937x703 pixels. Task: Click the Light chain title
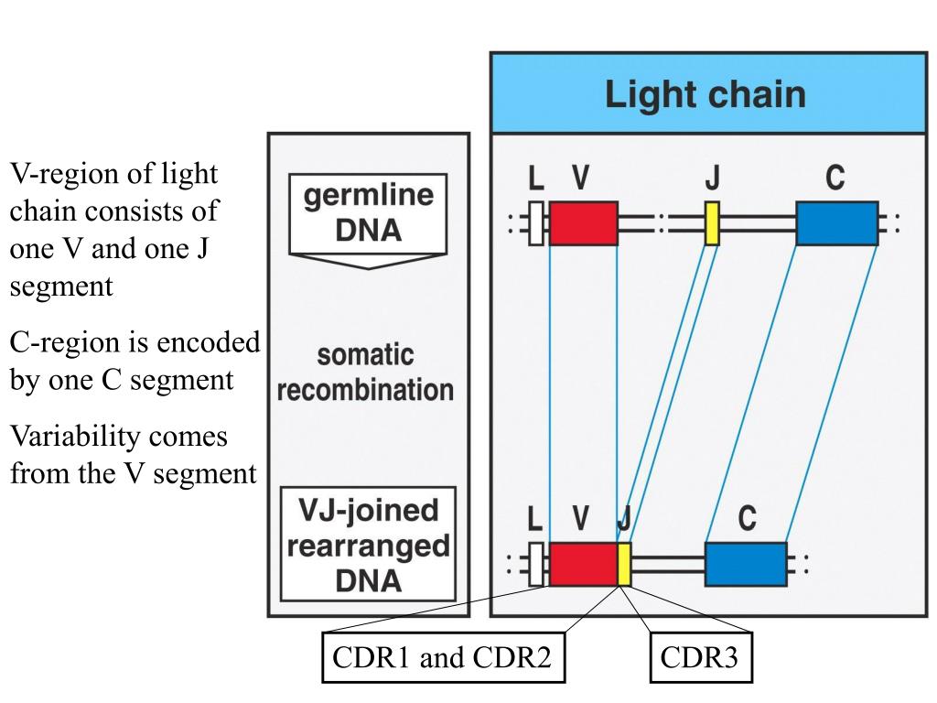click(705, 95)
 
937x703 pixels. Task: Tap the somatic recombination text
click(365, 373)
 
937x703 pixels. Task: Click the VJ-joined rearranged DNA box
click(368, 544)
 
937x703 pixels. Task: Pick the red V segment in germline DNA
click(583, 223)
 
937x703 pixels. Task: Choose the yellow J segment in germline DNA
click(712, 223)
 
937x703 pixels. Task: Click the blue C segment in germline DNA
click(836, 223)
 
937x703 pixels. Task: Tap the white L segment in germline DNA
click(536, 223)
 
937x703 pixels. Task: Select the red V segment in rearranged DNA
click(583, 564)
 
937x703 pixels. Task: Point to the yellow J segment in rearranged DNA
click(624, 564)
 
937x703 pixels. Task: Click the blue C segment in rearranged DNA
click(746, 564)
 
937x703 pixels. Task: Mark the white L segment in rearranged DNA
click(536, 564)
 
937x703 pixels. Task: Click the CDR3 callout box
click(700, 657)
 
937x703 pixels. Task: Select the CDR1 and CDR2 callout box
click(444, 657)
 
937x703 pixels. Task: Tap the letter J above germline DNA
click(712, 178)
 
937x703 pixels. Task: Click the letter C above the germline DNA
click(835, 178)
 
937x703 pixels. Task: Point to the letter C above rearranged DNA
click(747, 518)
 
